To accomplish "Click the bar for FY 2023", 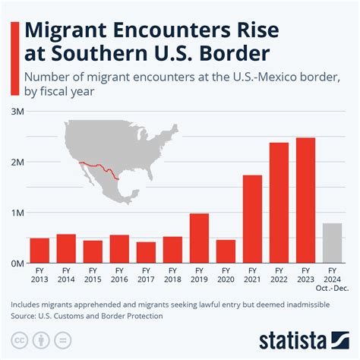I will [305, 200].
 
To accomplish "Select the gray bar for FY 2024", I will [332, 243].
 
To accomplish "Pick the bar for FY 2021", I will [252, 219].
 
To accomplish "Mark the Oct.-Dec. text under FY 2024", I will [332, 289].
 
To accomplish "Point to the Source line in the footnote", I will [87, 314].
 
